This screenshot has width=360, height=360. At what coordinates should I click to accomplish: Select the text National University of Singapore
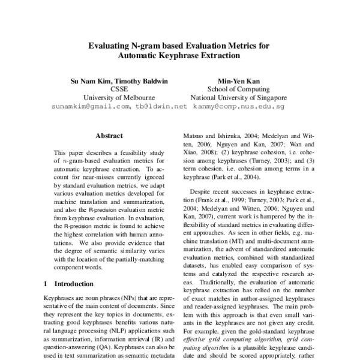tap(238, 97)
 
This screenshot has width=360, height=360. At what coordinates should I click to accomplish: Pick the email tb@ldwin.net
tap(161, 106)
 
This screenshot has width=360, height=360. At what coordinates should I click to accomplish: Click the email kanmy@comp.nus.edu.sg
tap(238, 106)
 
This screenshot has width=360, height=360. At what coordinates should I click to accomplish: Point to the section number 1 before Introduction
tap(47, 283)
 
